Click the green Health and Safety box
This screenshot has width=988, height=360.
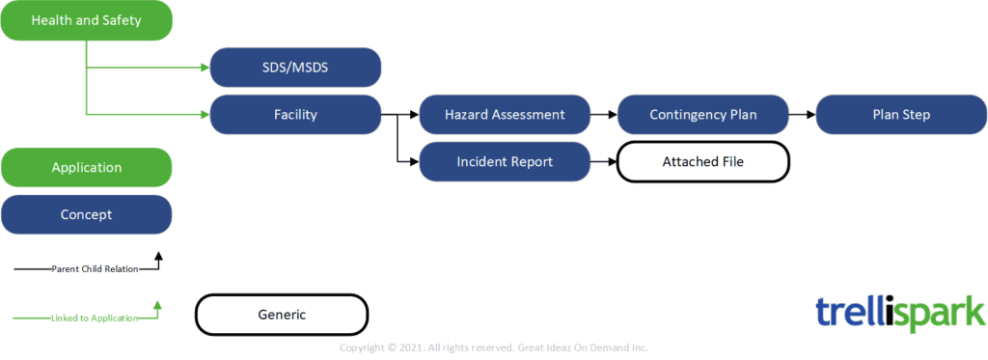point(86,20)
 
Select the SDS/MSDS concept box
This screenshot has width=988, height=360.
point(295,67)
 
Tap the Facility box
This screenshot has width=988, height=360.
point(295,114)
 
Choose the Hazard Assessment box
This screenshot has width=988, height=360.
point(505,114)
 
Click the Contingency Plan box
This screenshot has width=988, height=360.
point(703,114)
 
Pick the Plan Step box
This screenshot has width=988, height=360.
point(902,114)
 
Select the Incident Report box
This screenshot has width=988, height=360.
point(505,161)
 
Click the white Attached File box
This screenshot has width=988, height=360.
point(703,162)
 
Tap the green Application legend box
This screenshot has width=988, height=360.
point(86,168)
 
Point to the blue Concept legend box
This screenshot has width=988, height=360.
point(86,214)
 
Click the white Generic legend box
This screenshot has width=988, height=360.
point(282,314)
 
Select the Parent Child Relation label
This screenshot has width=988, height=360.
point(95,269)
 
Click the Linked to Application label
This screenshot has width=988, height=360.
point(95,318)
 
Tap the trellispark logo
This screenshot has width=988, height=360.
point(900,312)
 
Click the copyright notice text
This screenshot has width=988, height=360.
point(494,347)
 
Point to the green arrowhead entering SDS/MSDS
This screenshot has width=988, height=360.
point(206,67)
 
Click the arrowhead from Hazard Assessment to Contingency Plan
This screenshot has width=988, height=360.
point(613,114)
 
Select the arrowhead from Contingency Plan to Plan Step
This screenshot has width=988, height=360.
point(811,114)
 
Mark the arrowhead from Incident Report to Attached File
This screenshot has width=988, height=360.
point(613,161)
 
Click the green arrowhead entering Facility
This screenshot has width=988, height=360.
point(206,114)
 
